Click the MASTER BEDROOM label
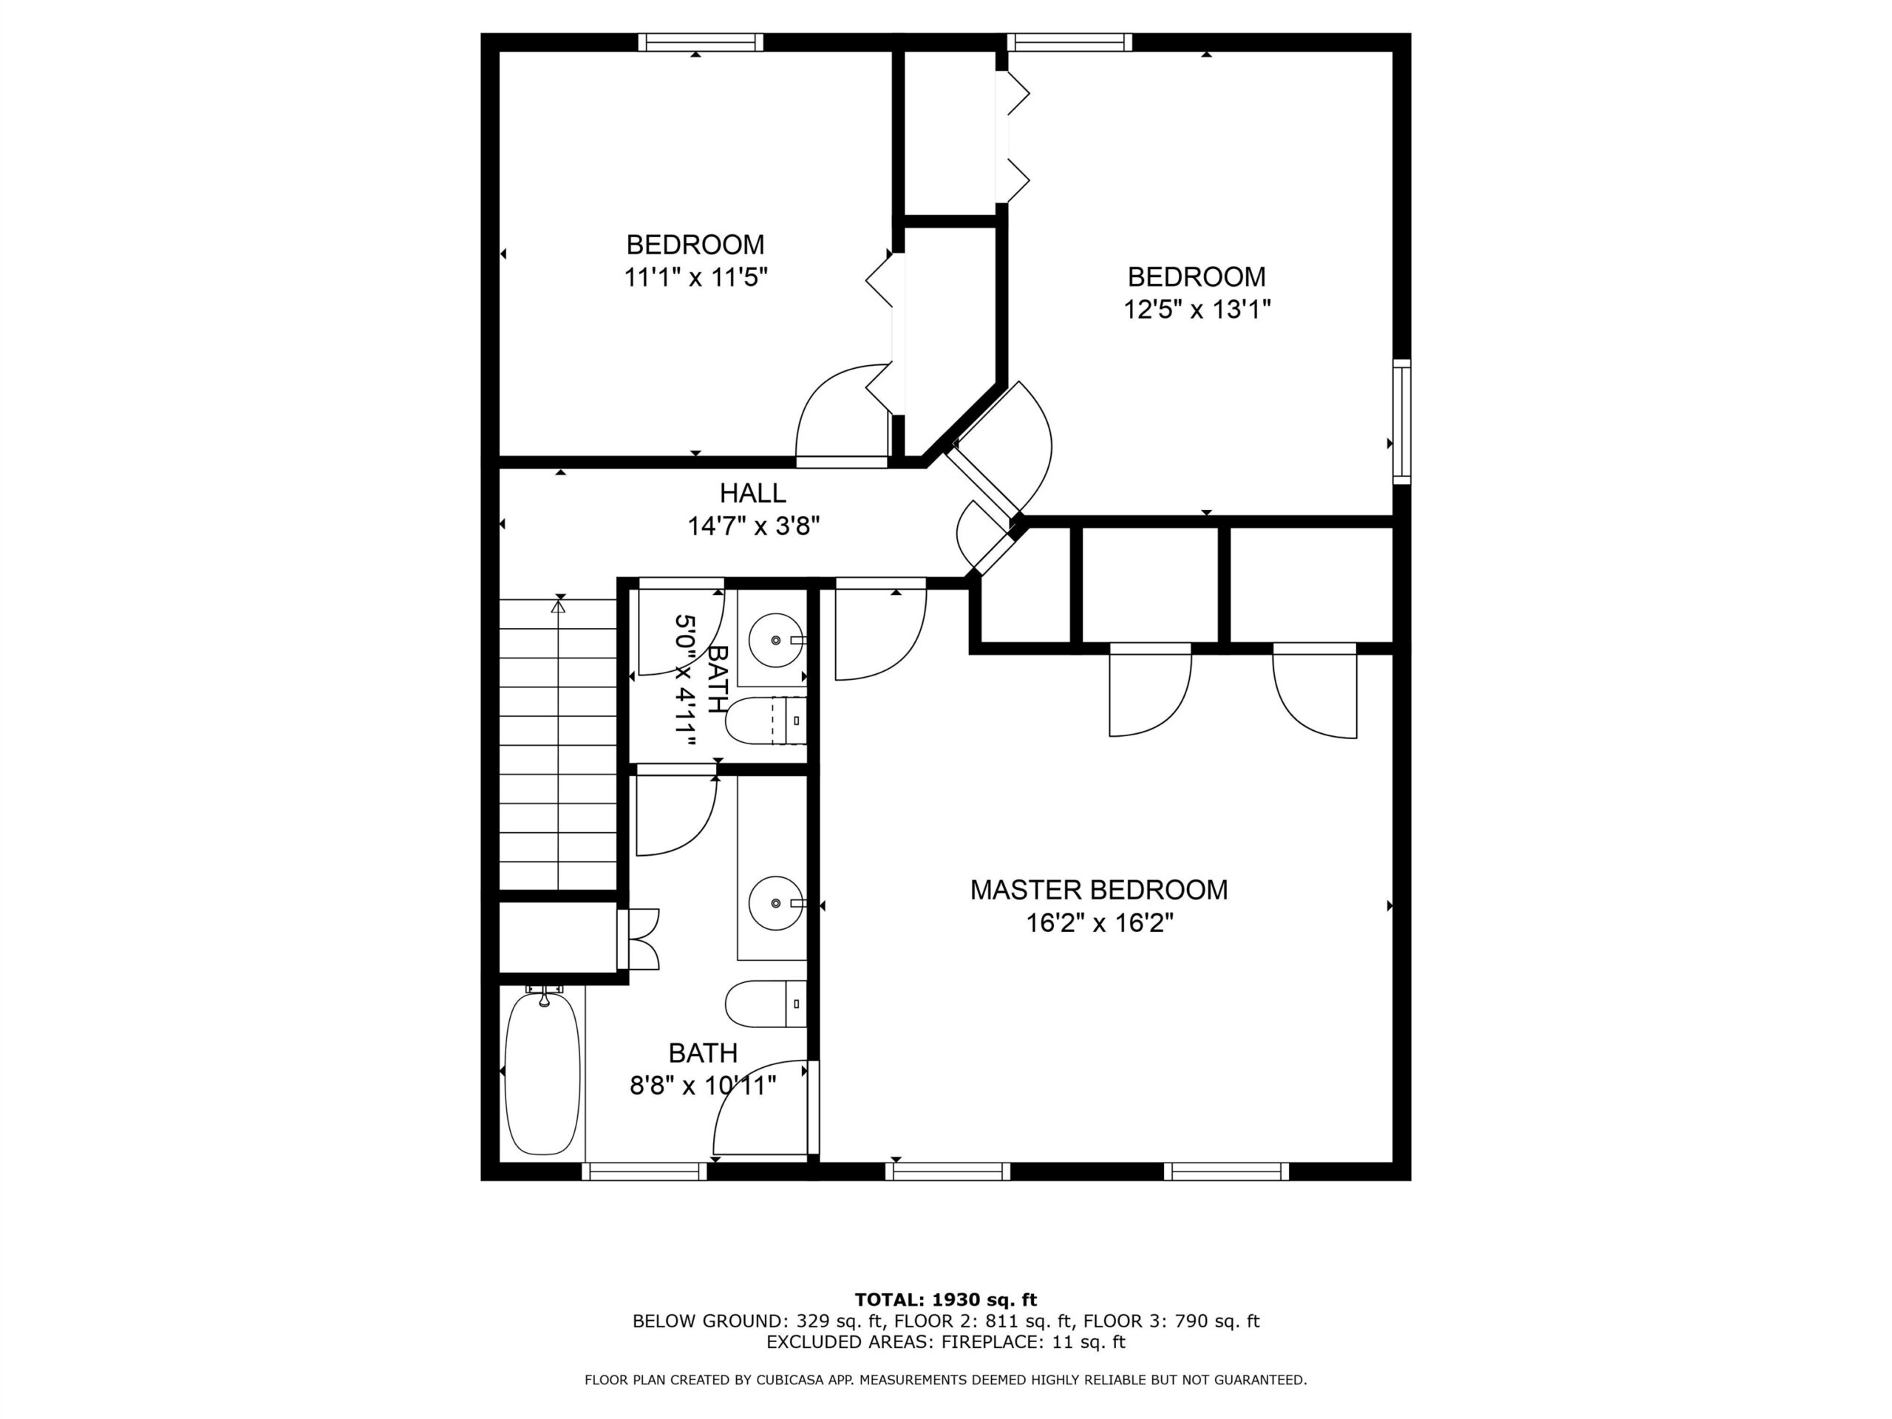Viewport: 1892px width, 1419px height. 1098,890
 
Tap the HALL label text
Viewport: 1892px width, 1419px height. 752,493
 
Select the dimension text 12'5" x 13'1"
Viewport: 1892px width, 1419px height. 1197,309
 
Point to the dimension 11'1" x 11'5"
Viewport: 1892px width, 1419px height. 695,277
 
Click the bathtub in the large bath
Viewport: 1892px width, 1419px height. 543,1072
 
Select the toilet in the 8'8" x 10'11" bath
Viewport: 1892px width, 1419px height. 766,1004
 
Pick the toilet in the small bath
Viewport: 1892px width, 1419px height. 766,720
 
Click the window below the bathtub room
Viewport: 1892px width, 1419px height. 645,1171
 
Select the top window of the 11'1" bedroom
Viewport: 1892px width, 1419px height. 701,42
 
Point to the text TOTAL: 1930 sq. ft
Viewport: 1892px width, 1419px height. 946,1300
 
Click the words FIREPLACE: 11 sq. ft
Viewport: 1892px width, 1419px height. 1033,1342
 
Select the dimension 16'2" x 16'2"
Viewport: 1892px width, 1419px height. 1099,923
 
